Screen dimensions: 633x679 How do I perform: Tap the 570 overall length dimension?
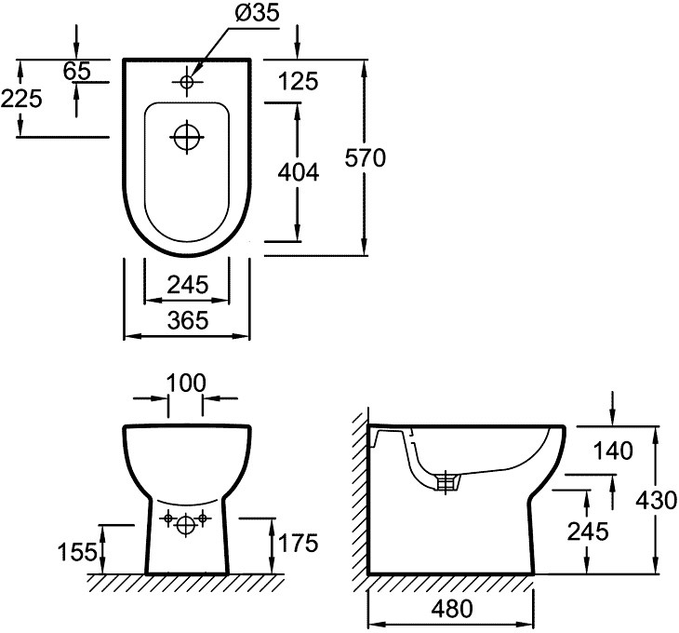366,158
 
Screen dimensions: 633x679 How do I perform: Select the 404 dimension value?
299,172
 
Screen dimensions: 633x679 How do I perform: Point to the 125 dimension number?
299,82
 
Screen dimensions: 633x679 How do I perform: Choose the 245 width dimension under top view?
186,284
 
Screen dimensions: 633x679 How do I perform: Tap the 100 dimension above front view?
186,382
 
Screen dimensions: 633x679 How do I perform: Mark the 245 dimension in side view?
588,531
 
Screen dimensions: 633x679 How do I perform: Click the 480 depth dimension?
451,610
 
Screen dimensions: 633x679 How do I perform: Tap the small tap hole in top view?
186,83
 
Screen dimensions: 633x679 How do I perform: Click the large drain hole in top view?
187,137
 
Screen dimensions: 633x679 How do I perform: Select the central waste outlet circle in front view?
186,524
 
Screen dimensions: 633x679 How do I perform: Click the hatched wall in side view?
359,503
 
